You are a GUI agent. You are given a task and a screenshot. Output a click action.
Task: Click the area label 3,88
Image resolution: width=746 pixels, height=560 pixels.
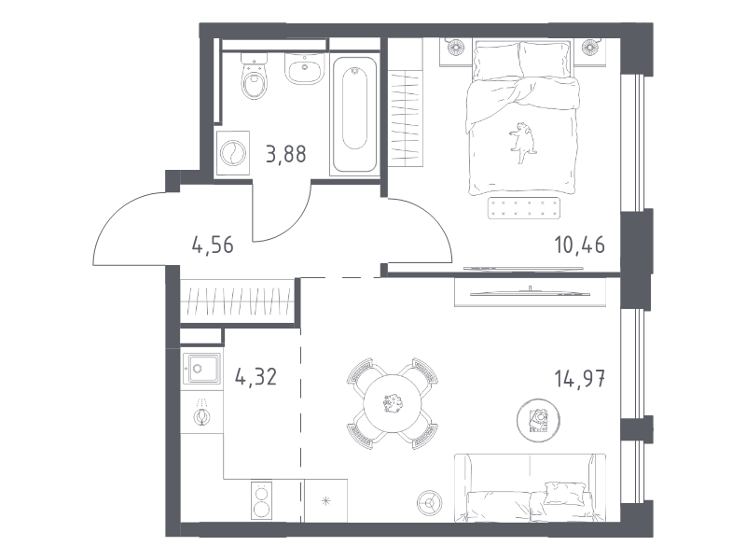286,154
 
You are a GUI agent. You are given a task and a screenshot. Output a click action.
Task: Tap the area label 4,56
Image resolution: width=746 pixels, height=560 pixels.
213,245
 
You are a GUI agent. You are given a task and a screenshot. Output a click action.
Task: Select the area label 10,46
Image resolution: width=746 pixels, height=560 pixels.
579,245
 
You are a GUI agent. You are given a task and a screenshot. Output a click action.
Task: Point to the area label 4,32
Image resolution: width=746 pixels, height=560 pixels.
256,377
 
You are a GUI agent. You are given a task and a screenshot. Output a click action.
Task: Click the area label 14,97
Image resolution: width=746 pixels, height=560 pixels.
579,379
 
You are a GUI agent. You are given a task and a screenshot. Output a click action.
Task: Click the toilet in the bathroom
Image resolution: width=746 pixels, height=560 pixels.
255,77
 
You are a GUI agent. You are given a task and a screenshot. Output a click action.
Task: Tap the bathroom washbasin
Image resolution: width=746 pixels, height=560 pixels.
305,69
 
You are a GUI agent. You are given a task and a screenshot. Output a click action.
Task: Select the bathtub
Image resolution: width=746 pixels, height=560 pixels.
354,114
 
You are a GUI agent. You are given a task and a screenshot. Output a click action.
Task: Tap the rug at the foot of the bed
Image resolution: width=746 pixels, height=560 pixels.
523,208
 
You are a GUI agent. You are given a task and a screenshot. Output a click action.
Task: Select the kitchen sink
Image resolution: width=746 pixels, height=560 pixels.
202,369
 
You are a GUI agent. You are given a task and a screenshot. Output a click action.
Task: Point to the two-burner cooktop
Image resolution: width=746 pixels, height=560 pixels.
261,500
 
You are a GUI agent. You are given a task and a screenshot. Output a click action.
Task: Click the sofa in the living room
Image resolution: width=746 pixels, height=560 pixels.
530,487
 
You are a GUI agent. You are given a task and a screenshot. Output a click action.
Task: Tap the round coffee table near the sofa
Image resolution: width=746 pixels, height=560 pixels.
538,420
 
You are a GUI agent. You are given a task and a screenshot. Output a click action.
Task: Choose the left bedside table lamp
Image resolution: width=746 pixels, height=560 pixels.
455,47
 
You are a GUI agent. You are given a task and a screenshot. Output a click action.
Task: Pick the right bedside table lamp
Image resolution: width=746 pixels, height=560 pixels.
590,47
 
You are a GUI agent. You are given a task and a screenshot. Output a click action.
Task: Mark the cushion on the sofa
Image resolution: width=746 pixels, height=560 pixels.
565,493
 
